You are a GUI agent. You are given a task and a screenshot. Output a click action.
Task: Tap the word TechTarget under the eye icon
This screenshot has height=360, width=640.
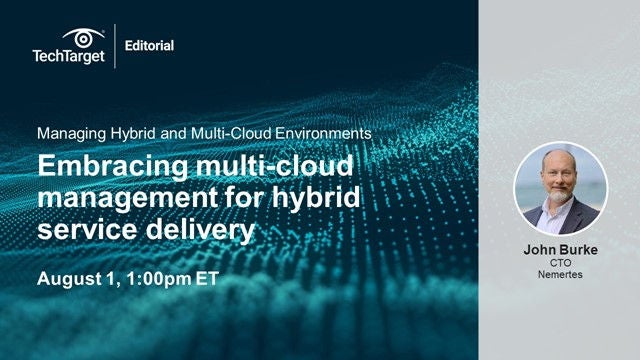pos(68,56)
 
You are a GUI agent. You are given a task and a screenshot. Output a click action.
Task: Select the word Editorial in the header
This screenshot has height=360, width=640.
pos(150,45)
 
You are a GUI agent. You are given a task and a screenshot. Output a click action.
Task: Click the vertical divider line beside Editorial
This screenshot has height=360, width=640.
pos(115,45)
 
